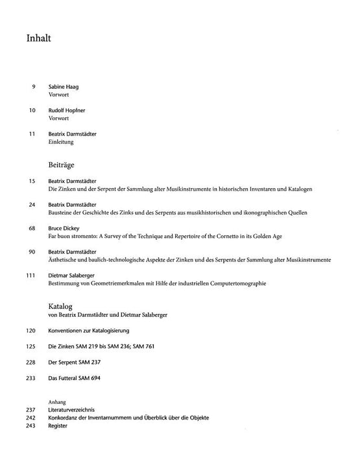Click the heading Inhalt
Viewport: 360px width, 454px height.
coord(39,38)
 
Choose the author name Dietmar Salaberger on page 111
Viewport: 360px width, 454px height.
coord(73,275)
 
